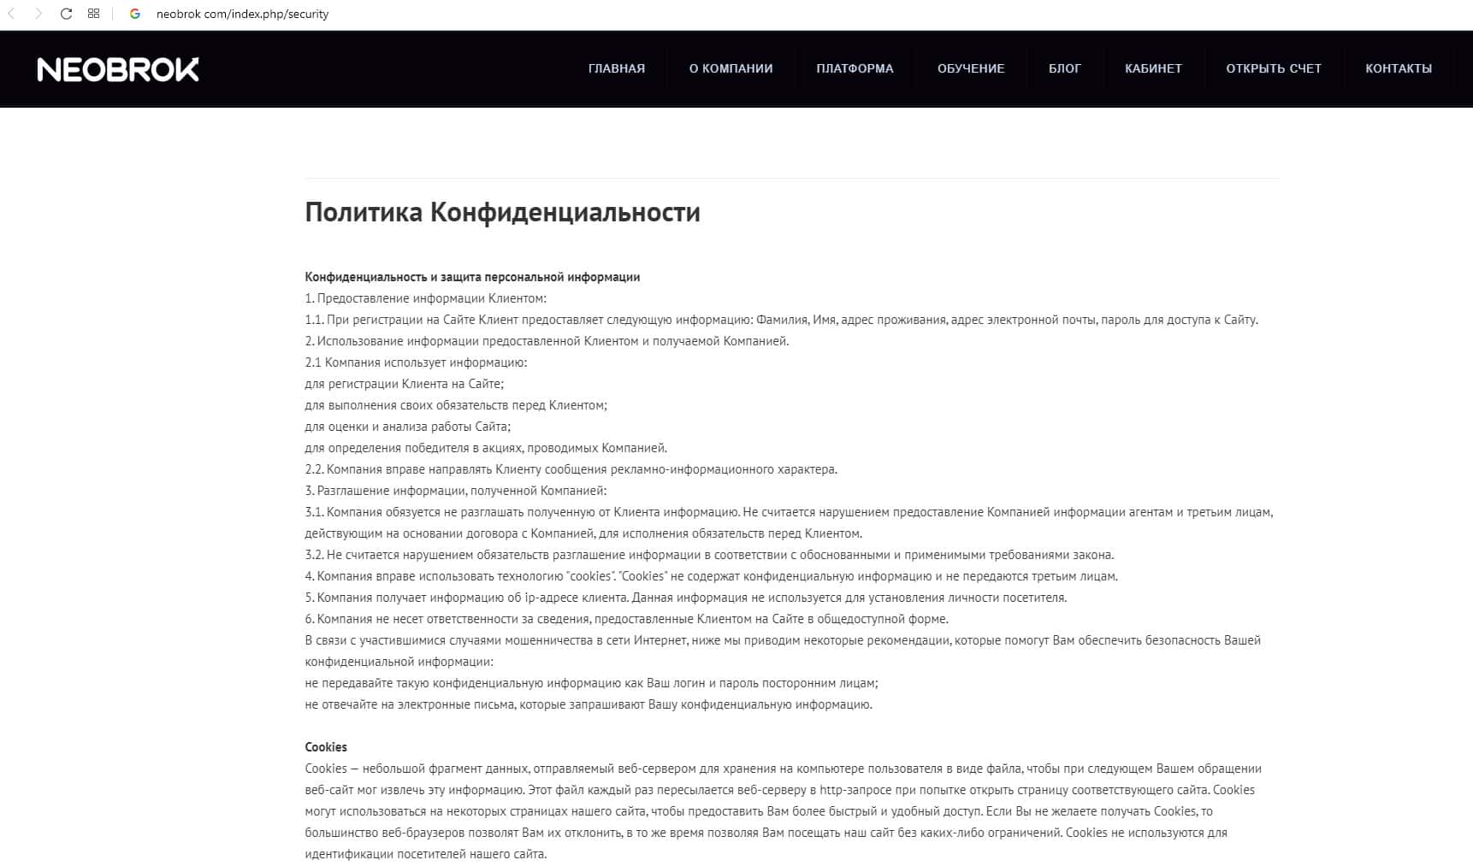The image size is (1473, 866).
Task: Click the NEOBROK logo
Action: (x=118, y=69)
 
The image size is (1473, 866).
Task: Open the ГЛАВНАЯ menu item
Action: (x=617, y=68)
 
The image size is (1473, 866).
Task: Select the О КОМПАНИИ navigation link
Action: (x=731, y=68)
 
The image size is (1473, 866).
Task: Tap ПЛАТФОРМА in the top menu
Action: (x=855, y=68)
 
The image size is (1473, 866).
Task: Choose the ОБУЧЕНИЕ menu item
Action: (x=971, y=68)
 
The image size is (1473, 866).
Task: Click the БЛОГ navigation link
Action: (x=1065, y=68)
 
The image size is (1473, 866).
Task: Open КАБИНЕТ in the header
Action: (x=1153, y=68)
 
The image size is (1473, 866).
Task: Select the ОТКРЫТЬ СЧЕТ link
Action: (x=1274, y=68)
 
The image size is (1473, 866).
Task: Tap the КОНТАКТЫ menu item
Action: (x=1399, y=68)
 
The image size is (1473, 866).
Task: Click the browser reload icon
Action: (x=66, y=14)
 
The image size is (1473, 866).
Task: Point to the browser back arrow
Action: (x=11, y=14)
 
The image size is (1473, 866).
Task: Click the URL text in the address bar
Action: (x=242, y=14)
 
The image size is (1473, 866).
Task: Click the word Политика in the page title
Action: (x=364, y=212)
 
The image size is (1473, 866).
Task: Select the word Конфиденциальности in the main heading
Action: (x=565, y=212)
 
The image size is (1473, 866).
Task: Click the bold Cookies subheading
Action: (x=326, y=747)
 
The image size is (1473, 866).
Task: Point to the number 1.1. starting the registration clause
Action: (x=314, y=320)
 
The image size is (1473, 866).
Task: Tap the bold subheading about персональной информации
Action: (x=472, y=277)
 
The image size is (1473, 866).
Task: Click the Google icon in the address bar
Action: (x=134, y=14)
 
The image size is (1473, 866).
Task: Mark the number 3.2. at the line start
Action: (x=315, y=555)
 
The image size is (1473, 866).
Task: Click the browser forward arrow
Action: (x=38, y=14)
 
